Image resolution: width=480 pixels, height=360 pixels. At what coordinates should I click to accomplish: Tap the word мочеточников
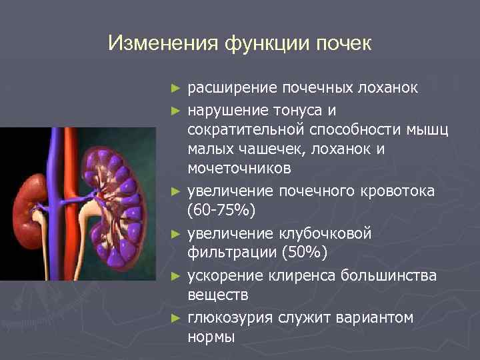point(239,170)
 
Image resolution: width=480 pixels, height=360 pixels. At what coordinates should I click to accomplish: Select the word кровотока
point(399,191)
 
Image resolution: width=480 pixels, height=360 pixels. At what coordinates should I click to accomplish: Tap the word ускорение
point(227,275)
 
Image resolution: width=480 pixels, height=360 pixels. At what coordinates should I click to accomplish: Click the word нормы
point(211,337)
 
